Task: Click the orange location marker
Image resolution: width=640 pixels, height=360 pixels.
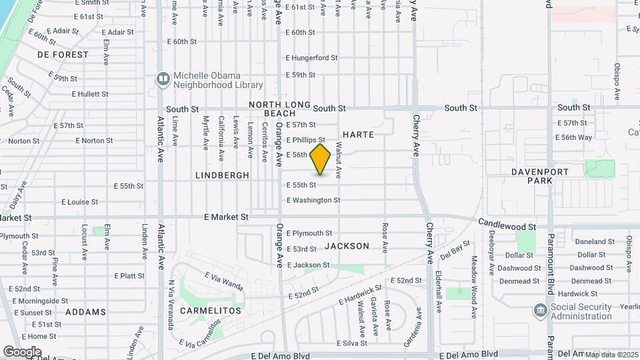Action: [x=321, y=159]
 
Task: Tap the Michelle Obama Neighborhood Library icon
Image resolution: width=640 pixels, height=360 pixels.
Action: [x=163, y=79]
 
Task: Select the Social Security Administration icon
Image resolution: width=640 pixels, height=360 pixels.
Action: [x=540, y=311]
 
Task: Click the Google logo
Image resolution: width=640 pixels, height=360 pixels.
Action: [x=21, y=352]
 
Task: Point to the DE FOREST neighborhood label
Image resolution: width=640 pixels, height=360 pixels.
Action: [x=63, y=55]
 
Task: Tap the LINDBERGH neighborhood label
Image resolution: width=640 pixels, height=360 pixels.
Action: [x=223, y=175]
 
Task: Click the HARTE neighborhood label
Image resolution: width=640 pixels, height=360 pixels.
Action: [x=359, y=135]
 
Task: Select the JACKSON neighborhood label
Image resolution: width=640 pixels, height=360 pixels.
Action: [x=347, y=246]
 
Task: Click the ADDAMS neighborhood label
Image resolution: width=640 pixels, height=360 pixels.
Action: [x=85, y=312]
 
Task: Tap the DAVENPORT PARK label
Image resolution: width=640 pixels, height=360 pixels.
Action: [x=539, y=176]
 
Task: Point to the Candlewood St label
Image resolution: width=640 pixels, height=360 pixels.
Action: [x=507, y=227]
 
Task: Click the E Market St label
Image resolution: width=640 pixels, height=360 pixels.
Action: [x=226, y=217]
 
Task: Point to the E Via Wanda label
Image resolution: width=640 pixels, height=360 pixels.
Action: [x=224, y=280]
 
